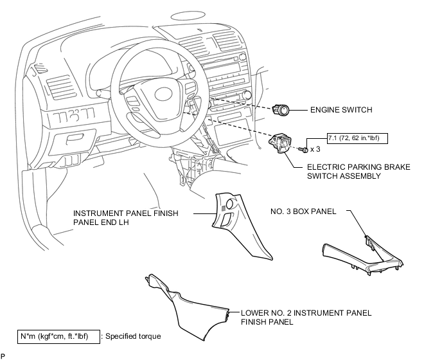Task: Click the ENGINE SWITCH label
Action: click(x=341, y=110)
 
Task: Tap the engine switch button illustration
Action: click(x=281, y=109)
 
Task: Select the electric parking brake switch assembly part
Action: click(x=280, y=143)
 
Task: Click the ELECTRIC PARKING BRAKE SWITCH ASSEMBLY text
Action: click(x=358, y=171)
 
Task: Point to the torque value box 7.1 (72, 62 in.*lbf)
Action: click(x=357, y=138)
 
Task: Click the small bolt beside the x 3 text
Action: click(x=304, y=149)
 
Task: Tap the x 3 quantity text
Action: click(x=315, y=149)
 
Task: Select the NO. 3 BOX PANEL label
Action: click(x=303, y=212)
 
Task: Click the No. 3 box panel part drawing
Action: click(x=363, y=255)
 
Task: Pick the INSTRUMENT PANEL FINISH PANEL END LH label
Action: click(x=126, y=217)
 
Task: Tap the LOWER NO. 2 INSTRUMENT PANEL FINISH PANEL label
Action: click(x=306, y=317)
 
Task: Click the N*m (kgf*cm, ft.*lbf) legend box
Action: click(x=58, y=337)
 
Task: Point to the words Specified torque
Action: click(x=133, y=336)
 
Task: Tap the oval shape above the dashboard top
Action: click(x=184, y=16)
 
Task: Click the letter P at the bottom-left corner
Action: click(x=3, y=356)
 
